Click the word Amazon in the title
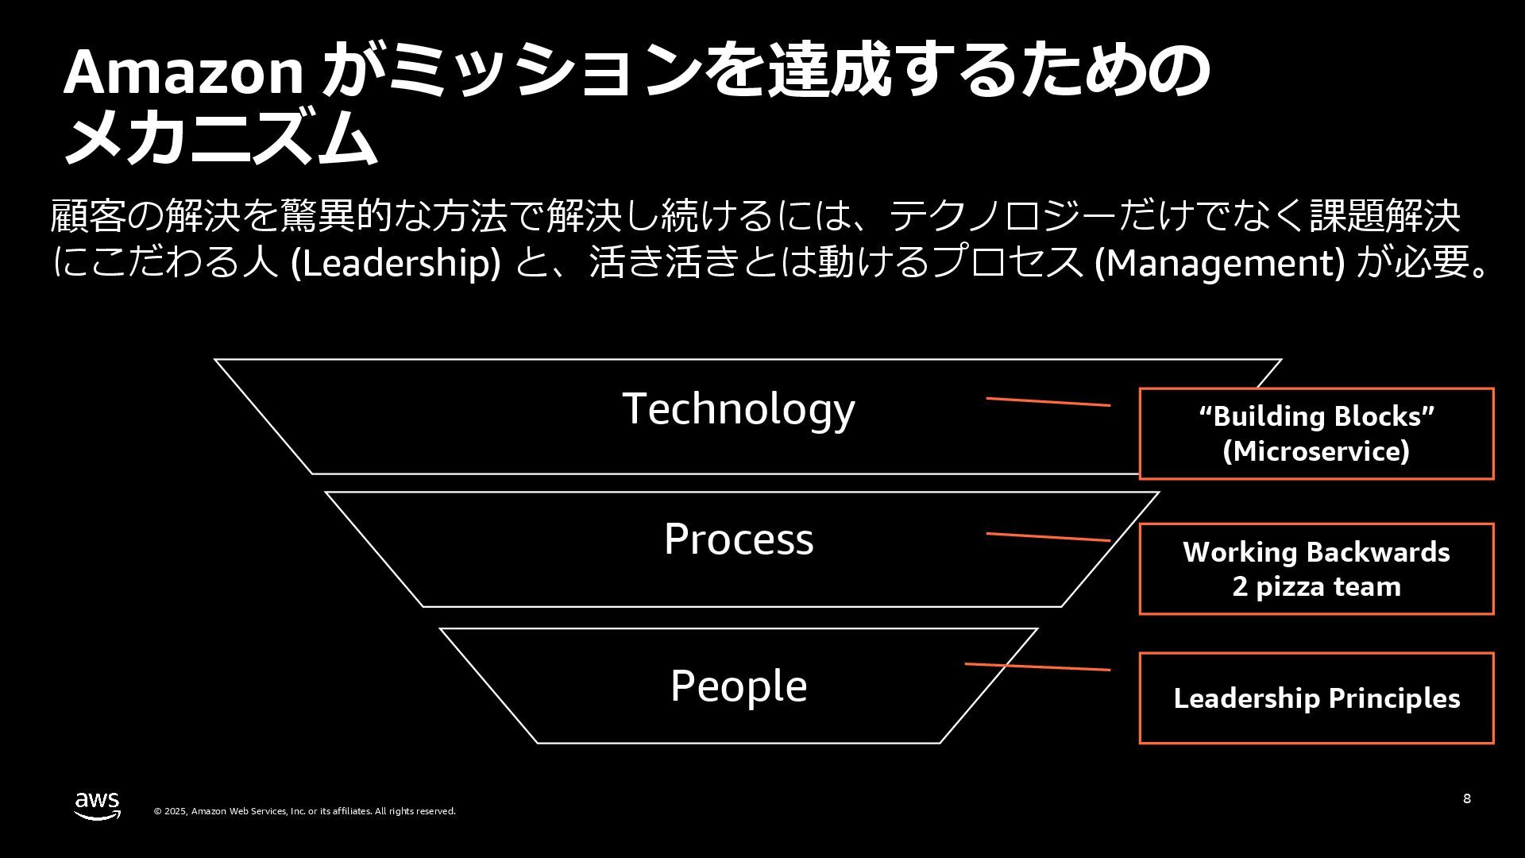pyautogui.click(x=183, y=72)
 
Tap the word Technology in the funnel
pyautogui.click(x=739, y=408)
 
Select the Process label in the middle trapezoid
pyautogui.click(x=739, y=539)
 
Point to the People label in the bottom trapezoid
pyautogui.click(x=739, y=686)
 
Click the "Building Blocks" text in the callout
pyautogui.click(x=1316, y=416)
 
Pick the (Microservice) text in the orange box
pyautogui.click(x=1316, y=451)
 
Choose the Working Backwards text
pyautogui.click(x=1316, y=552)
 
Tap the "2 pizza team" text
pyautogui.click(x=1316, y=587)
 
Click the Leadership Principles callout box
pyautogui.click(x=1316, y=698)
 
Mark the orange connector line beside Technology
pyautogui.click(x=1048, y=402)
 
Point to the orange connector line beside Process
pyautogui.click(x=1048, y=537)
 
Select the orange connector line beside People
pyautogui.click(x=1037, y=667)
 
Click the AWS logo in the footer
pyautogui.click(x=98, y=805)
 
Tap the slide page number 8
pyautogui.click(x=1466, y=798)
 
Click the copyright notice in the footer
pyautogui.click(x=305, y=811)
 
